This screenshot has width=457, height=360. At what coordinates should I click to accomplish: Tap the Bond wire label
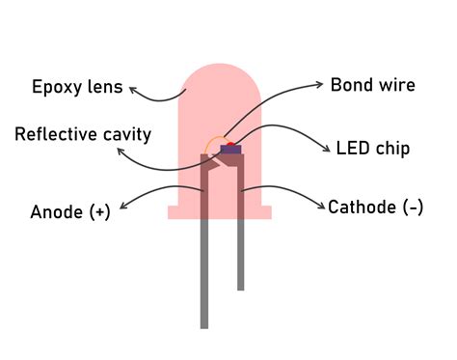[x=372, y=85]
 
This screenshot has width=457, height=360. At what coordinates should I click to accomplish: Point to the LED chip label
[x=373, y=149]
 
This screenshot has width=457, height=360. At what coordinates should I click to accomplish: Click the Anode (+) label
[x=70, y=211]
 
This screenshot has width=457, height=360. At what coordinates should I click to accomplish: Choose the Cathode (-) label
[x=375, y=207]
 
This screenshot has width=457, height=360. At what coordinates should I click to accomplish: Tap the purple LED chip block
[x=230, y=150]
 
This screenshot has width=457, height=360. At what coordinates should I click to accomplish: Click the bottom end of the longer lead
[x=204, y=325]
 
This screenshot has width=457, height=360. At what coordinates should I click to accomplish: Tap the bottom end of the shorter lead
[x=240, y=287]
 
